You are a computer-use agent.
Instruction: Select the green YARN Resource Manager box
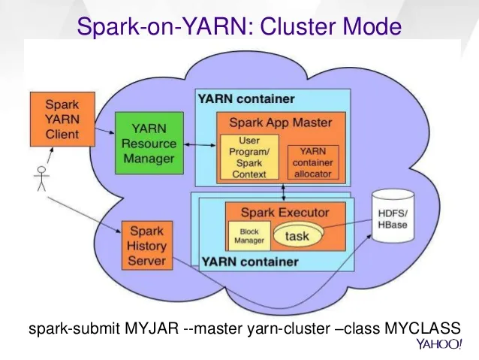click(x=149, y=144)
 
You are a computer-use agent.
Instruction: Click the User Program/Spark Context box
click(x=249, y=158)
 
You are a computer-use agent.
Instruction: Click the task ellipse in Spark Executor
click(x=298, y=236)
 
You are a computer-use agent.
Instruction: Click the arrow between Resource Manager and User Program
click(x=197, y=143)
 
